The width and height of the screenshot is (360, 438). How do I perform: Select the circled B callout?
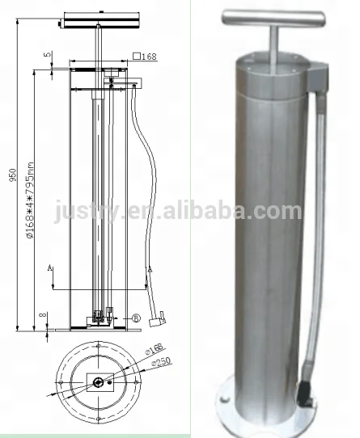(x=137, y=318)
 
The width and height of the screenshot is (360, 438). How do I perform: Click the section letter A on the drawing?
(x=49, y=266)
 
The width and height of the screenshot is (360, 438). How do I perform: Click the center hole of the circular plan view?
(x=97, y=381)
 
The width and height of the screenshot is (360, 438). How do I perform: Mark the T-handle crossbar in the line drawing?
(x=97, y=16)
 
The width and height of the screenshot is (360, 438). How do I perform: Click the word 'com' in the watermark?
(x=281, y=211)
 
